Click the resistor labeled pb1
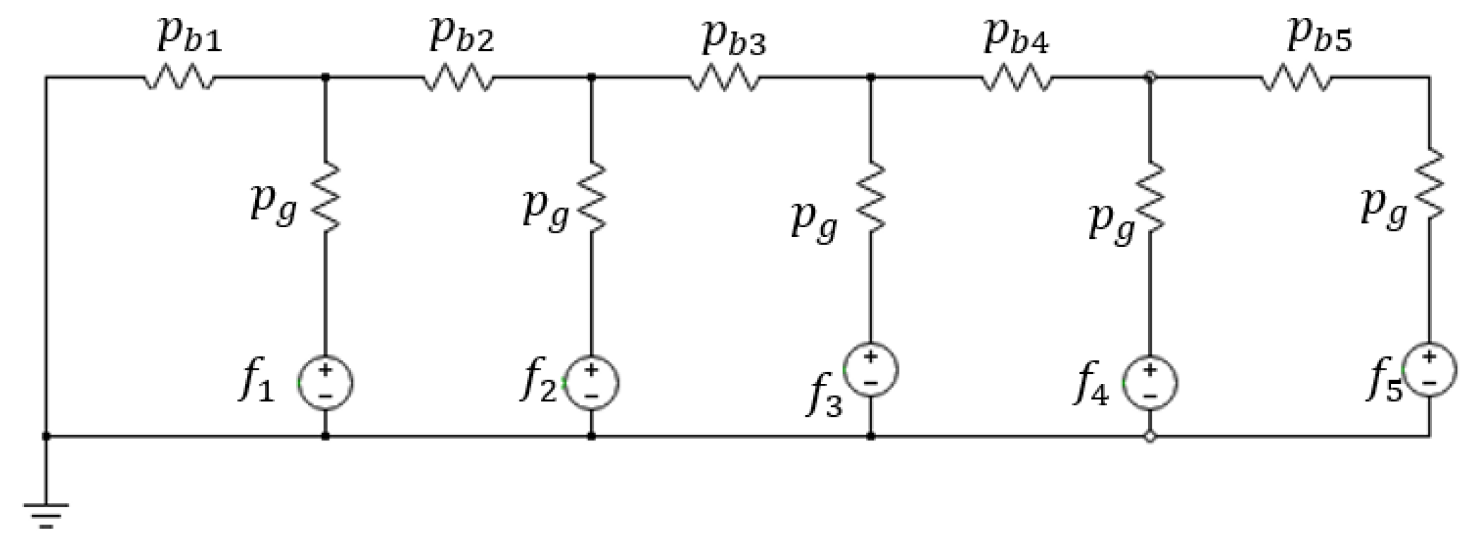click(x=179, y=78)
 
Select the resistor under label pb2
click(x=459, y=78)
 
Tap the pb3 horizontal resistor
click(x=725, y=78)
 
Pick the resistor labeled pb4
click(x=1017, y=78)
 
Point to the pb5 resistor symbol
click(x=1297, y=78)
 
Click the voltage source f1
click(x=325, y=383)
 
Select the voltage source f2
click(x=591, y=383)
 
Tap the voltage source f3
click(x=870, y=369)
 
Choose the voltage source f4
click(x=1150, y=383)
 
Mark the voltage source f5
click(x=1430, y=369)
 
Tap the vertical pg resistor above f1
click(x=325, y=197)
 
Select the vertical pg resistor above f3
click(x=870, y=197)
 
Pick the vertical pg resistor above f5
click(x=1430, y=184)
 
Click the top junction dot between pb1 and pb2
click(x=325, y=77)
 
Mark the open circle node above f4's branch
click(x=1150, y=77)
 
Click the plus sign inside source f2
click(x=591, y=370)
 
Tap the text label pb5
click(x=1319, y=36)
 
